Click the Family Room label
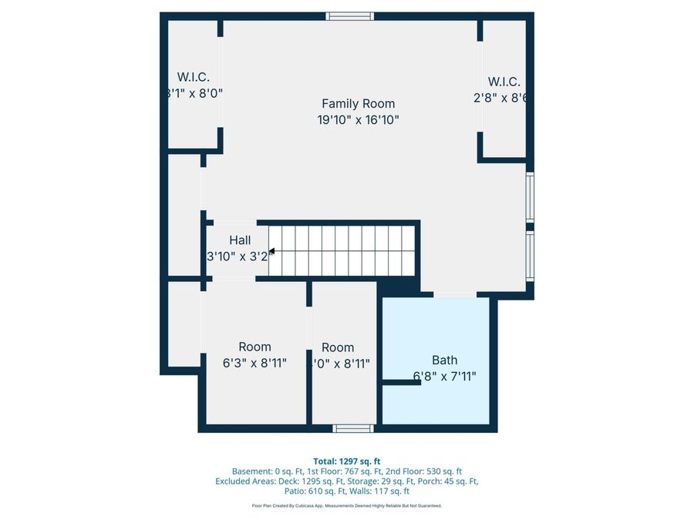pyautogui.click(x=358, y=103)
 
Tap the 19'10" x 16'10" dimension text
pyautogui.click(x=358, y=120)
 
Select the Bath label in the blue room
pyautogui.click(x=444, y=360)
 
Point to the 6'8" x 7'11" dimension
pyautogui.click(x=444, y=377)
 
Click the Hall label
pyautogui.click(x=240, y=240)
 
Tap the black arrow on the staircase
pyautogui.click(x=271, y=250)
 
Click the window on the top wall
pyautogui.click(x=349, y=16)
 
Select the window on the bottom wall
pyautogui.click(x=353, y=428)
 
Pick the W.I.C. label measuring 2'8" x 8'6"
pyautogui.click(x=504, y=82)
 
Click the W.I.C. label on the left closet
pyautogui.click(x=194, y=76)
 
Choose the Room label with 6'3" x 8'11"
pyautogui.click(x=254, y=347)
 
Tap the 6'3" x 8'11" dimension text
pyautogui.click(x=254, y=363)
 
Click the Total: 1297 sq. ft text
pyautogui.click(x=346, y=461)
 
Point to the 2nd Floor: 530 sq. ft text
pyautogui.click(x=426, y=471)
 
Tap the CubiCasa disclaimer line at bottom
pyautogui.click(x=346, y=506)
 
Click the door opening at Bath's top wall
pyautogui.click(x=454, y=294)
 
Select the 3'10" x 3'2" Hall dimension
pyautogui.click(x=240, y=257)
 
